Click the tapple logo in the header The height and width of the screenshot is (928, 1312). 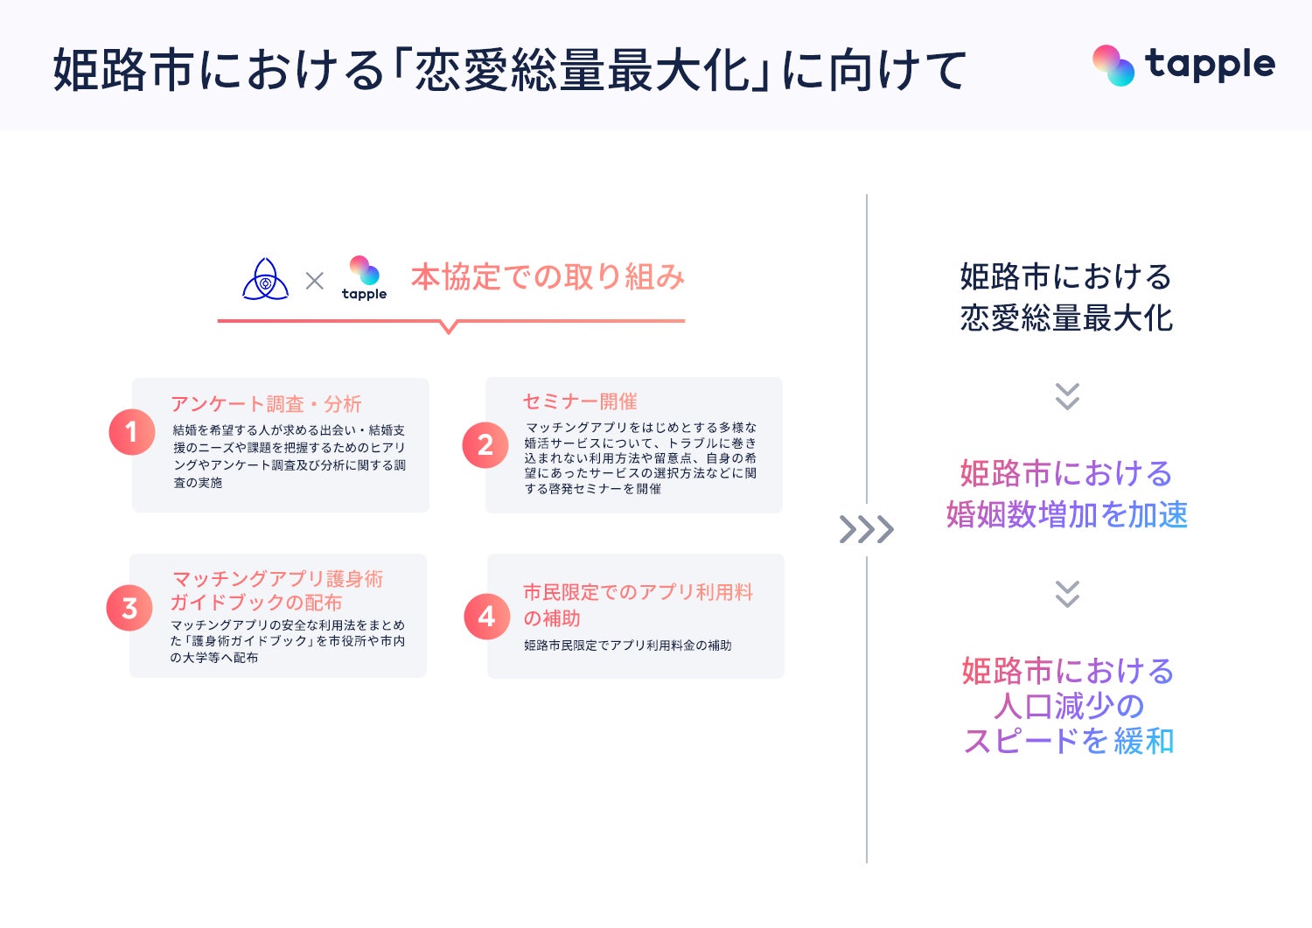pyautogui.click(x=1183, y=66)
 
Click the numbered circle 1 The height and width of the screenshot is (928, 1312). pyautogui.click(x=132, y=432)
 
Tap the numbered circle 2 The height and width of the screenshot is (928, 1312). pyautogui.click(x=485, y=445)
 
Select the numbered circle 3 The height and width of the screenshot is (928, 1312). pyautogui.click(x=129, y=608)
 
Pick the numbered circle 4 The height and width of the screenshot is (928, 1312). pyautogui.click(x=487, y=617)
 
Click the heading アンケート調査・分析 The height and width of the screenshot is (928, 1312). pyautogui.click(x=266, y=404)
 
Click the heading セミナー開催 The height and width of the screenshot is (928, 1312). pyautogui.click(x=580, y=401)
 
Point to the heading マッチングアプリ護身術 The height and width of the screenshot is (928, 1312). pyautogui.click(x=277, y=579)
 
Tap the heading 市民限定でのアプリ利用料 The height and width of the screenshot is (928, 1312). pyautogui.click(x=638, y=592)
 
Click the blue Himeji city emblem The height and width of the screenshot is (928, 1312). pyautogui.click(x=265, y=280)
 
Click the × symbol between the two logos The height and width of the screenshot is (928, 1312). pyautogui.click(x=315, y=281)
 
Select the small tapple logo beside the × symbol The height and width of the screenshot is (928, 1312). pyautogui.click(x=364, y=278)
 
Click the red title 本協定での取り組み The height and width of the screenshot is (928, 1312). pyautogui.click(x=548, y=277)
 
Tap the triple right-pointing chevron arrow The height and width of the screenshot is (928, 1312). pyautogui.click(x=866, y=529)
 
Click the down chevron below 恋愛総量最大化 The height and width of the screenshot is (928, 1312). pyautogui.click(x=1067, y=396)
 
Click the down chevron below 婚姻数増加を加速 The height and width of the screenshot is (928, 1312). pyautogui.click(x=1067, y=594)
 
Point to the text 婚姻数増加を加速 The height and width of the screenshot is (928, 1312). pyautogui.click(x=1067, y=515)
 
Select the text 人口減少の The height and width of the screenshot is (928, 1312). pyautogui.click(x=1068, y=706)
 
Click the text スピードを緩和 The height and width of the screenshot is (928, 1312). pyautogui.click(x=1068, y=742)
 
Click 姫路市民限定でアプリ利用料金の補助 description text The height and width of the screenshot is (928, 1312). pyautogui.click(x=627, y=645)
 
